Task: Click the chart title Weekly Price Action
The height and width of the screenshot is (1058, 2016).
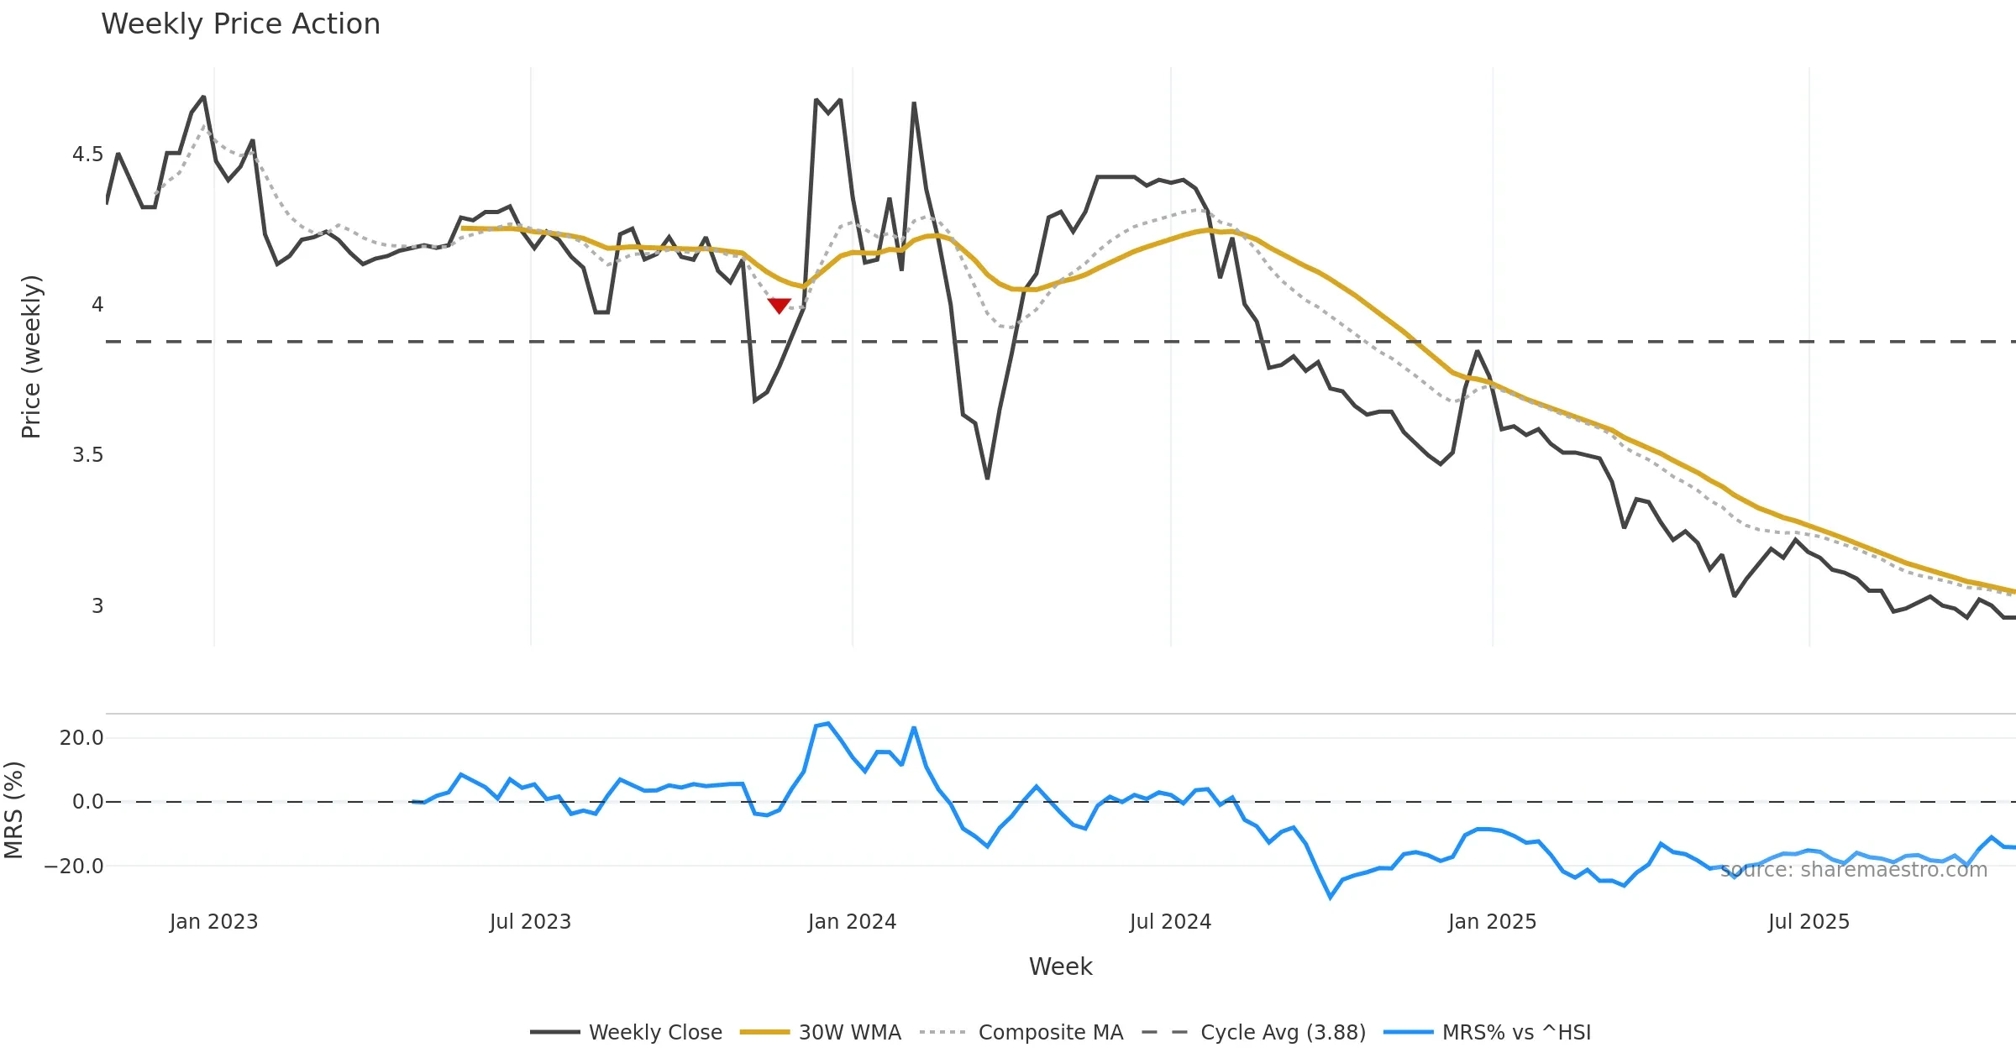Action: pyautogui.click(x=240, y=24)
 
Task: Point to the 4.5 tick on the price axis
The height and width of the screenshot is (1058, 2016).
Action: pyautogui.click(x=87, y=155)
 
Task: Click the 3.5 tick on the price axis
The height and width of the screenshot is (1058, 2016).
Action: pyautogui.click(x=87, y=455)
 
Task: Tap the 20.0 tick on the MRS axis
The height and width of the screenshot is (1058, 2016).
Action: pyautogui.click(x=81, y=738)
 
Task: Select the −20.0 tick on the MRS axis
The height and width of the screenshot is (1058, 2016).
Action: pyautogui.click(x=74, y=866)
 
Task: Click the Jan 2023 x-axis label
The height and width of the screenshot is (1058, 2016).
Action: pyautogui.click(x=213, y=922)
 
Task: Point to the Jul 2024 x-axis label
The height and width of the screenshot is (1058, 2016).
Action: pyautogui.click(x=1170, y=922)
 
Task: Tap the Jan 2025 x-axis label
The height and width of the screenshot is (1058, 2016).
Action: pyautogui.click(x=1492, y=922)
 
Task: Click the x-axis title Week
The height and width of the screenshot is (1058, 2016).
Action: pyautogui.click(x=1060, y=966)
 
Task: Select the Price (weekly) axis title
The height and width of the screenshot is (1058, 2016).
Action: pyautogui.click(x=31, y=357)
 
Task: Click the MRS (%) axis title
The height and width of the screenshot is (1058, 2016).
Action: pyautogui.click(x=13, y=810)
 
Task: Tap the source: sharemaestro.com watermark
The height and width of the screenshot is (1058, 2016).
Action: pyautogui.click(x=1854, y=870)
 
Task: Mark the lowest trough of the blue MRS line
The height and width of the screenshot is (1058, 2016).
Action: pyautogui.click(x=1331, y=898)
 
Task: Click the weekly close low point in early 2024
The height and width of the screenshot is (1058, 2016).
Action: pyautogui.click(x=987, y=479)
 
